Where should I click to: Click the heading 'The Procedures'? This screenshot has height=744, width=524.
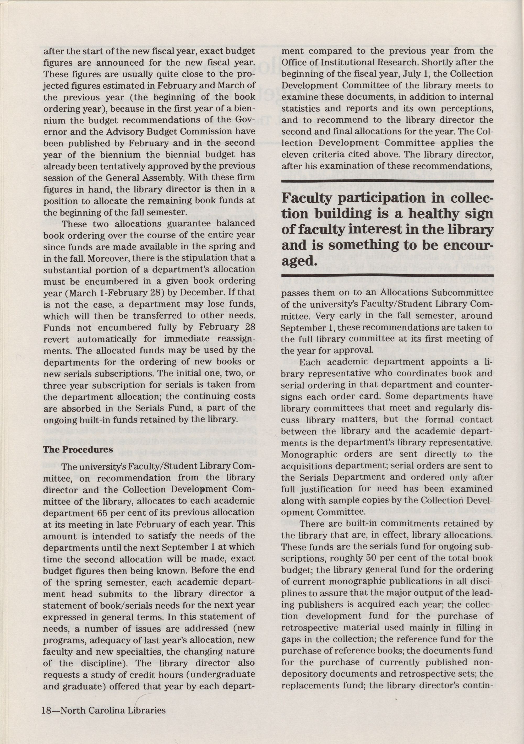point(78,450)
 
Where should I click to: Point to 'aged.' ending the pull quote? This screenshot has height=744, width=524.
point(299,261)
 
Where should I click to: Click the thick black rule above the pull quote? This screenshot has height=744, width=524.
point(387,181)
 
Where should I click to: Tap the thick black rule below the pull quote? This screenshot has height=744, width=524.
point(387,276)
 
